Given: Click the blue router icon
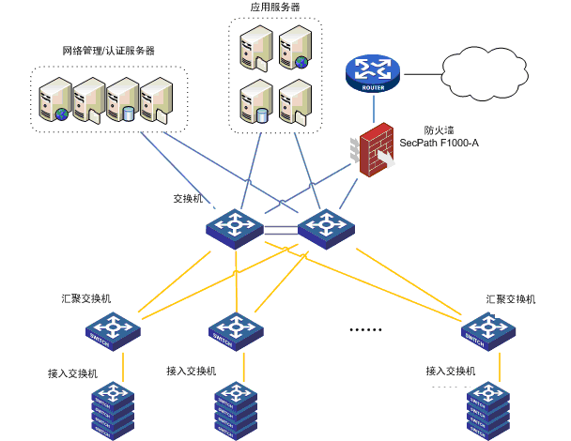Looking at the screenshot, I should pyautogui.click(x=372, y=73).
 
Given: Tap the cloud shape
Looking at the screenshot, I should pyautogui.click(x=486, y=73).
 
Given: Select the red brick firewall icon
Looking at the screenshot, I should pyautogui.click(x=376, y=150).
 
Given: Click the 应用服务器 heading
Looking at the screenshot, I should pyautogui.click(x=275, y=8).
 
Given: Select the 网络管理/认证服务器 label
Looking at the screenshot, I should pyautogui.click(x=108, y=50).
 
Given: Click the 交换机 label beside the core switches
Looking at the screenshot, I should pyautogui.click(x=189, y=200).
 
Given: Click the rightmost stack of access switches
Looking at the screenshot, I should pyautogui.click(x=488, y=410).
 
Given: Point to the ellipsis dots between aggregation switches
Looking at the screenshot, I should pyautogui.click(x=366, y=329).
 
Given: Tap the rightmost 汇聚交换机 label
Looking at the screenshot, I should pyautogui.click(x=511, y=298).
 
